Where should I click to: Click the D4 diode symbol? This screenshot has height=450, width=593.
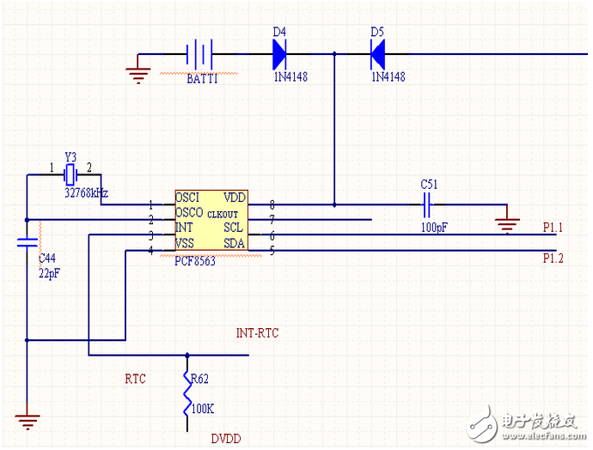click(279, 54)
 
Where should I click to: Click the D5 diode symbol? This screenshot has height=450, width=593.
click(378, 54)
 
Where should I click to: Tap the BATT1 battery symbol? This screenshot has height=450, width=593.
click(199, 54)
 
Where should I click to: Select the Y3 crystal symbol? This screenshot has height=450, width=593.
click(70, 174)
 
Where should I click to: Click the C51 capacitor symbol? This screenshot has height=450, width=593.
click(427, 204)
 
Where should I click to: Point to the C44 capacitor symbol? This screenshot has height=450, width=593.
click(28, 242)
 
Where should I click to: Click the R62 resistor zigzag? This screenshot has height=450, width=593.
click(187, 393)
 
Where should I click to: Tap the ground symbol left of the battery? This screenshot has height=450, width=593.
click(138, 75)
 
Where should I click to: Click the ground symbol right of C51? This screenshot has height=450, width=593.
click(507, 226)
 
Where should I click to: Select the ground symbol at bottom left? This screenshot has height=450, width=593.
click(28, 422)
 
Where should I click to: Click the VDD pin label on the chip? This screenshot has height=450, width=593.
click(235, 198)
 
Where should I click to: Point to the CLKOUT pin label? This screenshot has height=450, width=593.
click(223, 214)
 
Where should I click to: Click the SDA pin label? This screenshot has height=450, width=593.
click(234, 243)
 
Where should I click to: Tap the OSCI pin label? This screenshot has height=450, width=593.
click(187, 198)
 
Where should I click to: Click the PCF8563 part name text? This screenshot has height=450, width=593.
click(195, 261)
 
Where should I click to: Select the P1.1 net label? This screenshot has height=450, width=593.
click(553, 228)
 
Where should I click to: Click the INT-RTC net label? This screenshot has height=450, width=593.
click(257, 333)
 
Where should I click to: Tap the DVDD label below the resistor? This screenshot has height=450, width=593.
click(226, 439)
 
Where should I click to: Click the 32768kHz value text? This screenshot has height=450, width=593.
click(86, 193)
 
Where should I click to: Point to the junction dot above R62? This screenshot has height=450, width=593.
click(187, 356)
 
